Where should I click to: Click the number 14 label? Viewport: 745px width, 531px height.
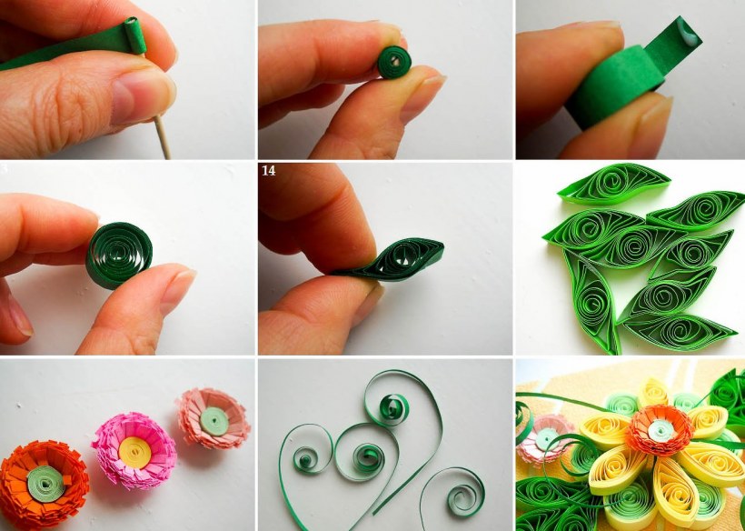[268, 171]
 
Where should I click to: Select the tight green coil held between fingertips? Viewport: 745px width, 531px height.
[394, 62]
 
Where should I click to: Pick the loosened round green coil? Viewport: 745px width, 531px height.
[119, 255]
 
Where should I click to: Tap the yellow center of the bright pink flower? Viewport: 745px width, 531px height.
[134, 452]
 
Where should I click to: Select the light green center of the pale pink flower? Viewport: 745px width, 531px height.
[214, 421]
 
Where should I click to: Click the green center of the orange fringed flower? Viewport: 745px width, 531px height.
[45, 484]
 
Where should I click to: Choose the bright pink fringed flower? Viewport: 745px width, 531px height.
[134, 450]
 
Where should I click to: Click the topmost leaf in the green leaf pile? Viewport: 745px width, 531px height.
[614, 184]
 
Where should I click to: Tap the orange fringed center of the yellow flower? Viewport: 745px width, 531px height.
[660, 430]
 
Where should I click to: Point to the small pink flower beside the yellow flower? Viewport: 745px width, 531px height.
[543, 439]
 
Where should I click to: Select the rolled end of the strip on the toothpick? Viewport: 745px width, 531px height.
[136, 35]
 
